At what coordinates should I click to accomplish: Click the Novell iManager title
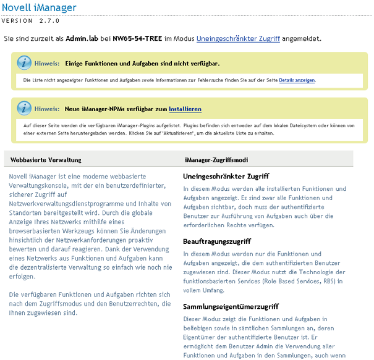click(40, 8)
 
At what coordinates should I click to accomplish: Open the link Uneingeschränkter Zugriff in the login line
click(238, 38)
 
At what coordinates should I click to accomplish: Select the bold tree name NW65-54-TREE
click(137, 38)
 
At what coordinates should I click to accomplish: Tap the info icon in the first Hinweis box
click(23, 63)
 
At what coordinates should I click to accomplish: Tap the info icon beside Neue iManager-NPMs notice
click(23, 109)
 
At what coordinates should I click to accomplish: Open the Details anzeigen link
click(297, 80)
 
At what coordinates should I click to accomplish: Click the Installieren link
click(185, 109)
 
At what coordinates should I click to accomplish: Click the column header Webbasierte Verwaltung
click(46, 159)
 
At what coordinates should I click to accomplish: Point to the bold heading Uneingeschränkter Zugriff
click(226, 176)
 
